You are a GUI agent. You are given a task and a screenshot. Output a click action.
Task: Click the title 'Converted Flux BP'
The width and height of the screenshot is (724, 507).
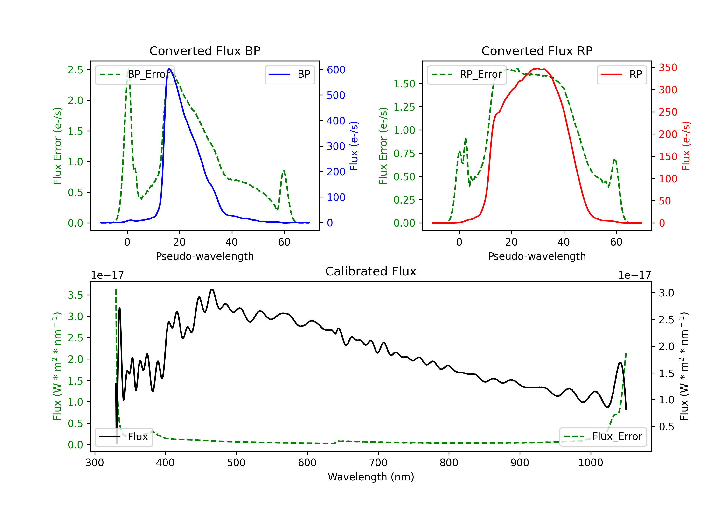point(205,51)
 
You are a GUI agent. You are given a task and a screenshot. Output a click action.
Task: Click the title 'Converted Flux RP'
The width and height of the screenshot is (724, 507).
point(537,51)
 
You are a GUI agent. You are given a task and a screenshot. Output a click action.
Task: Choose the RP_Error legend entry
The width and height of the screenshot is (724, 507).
point(467,74)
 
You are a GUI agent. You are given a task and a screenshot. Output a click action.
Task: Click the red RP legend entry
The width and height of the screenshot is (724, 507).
point(621,74)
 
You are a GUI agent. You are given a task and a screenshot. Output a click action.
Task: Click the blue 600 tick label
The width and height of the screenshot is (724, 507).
point(336,70)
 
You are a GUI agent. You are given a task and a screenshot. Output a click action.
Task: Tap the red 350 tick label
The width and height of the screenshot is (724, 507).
point(668,68)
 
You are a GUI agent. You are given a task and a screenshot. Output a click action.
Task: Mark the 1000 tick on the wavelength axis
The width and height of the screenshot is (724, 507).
point(590,463)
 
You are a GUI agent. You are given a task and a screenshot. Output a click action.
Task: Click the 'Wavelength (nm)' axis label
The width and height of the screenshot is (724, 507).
point(371,477)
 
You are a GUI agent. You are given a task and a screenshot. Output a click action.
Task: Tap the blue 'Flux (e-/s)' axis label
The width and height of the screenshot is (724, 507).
point(354,146)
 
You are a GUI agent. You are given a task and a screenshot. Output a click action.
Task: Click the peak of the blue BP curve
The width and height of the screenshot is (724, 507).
point(169,69)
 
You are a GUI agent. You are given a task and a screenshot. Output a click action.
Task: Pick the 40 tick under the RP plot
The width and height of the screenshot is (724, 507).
point(564,242)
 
